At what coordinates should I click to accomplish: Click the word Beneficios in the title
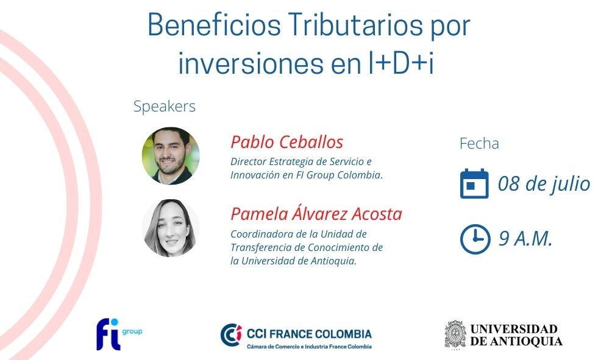pos(215,25)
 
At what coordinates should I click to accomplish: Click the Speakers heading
pos(165,106)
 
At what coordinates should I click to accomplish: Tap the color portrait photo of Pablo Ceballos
pos(171,155)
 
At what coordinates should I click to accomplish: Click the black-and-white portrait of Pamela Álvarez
pos(171,228)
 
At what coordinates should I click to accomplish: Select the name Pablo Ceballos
pos(287,142)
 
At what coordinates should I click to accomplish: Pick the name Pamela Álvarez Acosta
pos(316,214)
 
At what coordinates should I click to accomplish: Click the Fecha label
pos(479,144)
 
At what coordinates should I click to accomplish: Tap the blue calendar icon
pos(474,183)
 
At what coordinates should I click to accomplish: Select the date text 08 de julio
pos(544,184)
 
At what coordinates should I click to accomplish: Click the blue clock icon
pos(475,239)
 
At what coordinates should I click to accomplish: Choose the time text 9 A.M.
pos(525,239)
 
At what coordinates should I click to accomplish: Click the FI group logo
pos(119,334)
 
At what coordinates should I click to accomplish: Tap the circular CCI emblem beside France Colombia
pos(231,335)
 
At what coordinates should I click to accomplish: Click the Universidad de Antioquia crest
pos(455,334)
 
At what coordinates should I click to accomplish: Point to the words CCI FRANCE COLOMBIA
pos(309,334)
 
